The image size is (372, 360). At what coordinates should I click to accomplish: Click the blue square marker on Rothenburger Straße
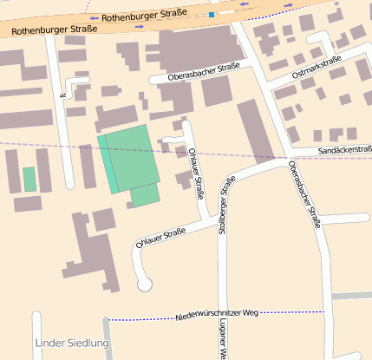211,15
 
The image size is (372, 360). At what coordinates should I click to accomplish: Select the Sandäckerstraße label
345,150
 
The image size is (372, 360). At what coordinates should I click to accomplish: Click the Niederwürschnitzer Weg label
216,312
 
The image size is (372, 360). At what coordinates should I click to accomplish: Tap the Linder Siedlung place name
73,344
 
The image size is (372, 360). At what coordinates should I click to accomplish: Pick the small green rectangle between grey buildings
29,179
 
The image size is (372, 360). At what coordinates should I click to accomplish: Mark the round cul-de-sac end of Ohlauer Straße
145,283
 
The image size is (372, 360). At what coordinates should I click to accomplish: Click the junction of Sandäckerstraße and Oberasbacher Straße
284,159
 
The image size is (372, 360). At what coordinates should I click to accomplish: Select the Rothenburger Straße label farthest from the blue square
48,29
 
